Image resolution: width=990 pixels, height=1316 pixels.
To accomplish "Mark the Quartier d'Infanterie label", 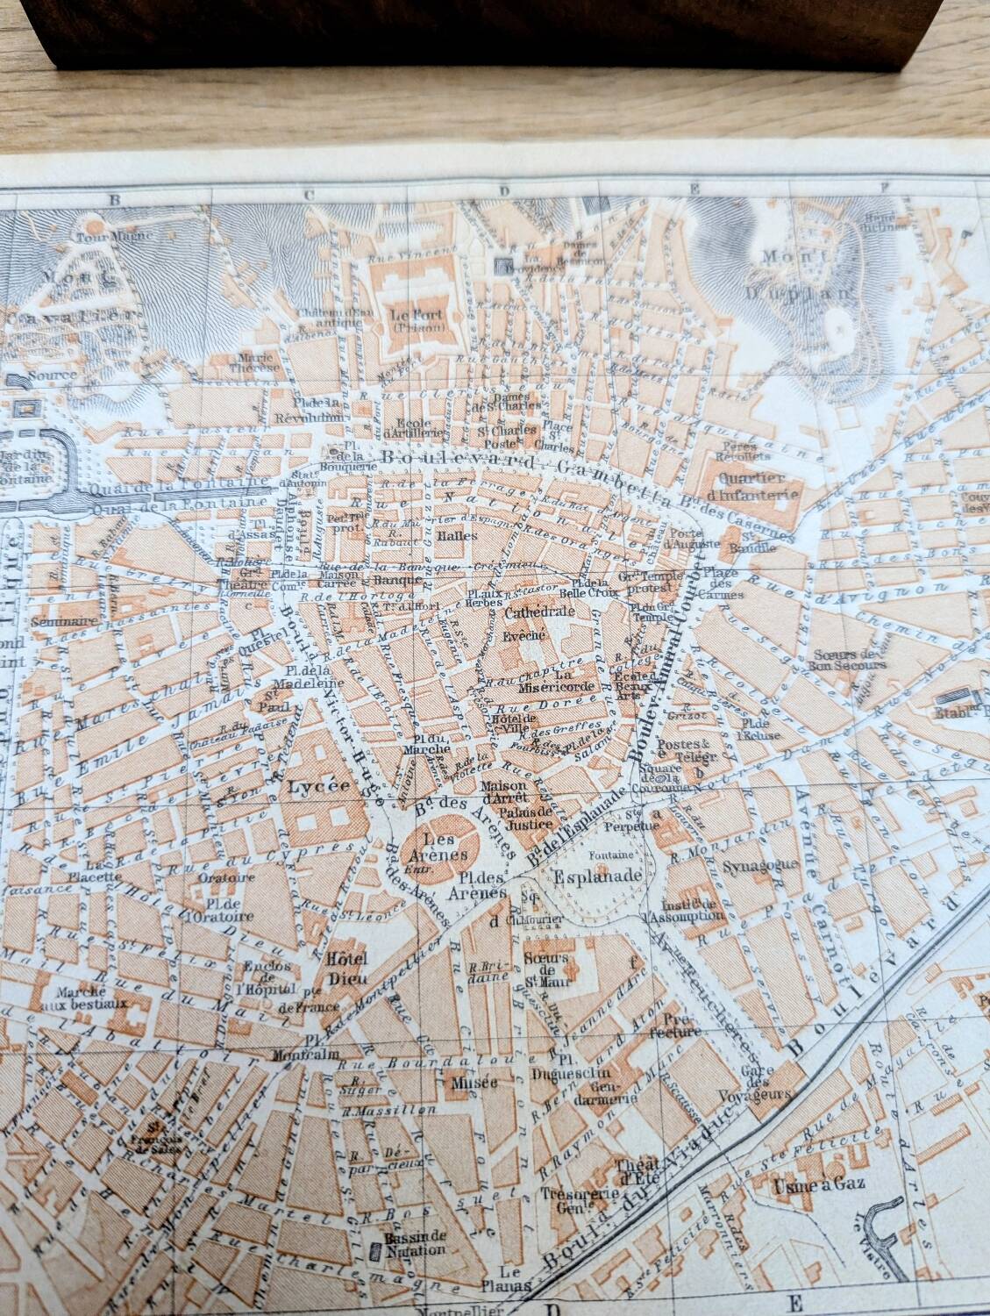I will [759, 486].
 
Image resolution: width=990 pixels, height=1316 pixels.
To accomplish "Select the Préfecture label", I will [681, 1026].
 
